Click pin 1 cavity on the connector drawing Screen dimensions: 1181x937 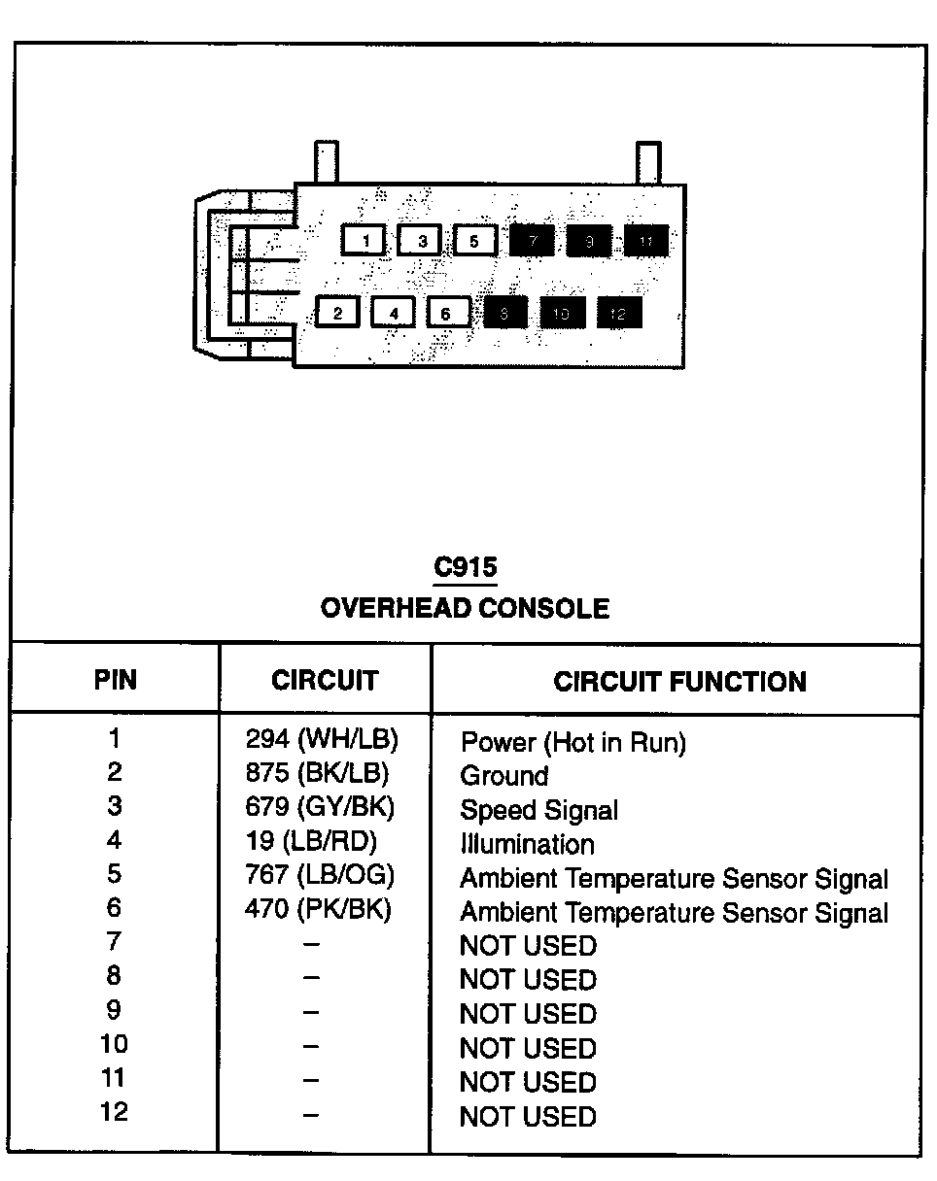[x=364, y=239]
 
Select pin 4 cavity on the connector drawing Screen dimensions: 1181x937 [x=393, y=313]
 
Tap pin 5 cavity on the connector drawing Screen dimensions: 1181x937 [x=474, y=239]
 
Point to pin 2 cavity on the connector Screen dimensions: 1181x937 [x=337, y=313]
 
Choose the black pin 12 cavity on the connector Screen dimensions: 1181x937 [x=618, y=313]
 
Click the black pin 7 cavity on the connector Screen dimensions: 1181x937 [x=531, y=239]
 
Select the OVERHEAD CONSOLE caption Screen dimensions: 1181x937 [x=465, y=609]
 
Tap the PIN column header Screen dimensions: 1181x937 [x=115, y=680]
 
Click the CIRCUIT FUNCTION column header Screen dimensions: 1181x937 [x=679, y=682]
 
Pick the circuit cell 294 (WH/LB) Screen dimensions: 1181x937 [x=323, y=740]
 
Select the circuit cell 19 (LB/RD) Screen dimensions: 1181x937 [x=311, y=841]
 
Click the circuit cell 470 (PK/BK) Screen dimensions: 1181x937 [x=318, y=910]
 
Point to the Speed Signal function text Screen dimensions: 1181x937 [x=538, y=810]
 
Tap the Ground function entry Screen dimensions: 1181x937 [x=503, y=776]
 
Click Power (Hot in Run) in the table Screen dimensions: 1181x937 [x=573, y=743]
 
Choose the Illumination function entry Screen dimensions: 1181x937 [x=527, y=844]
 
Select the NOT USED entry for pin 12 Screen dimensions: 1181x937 [x=528, y=1116]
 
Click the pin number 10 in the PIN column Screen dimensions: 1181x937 [x=115, y=1045]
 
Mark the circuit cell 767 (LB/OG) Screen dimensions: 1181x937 [x=320, y=876]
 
